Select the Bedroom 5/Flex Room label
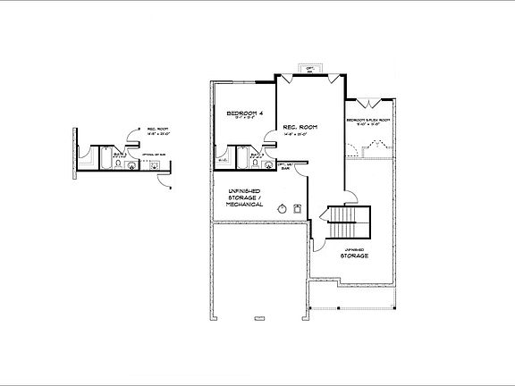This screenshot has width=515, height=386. (x=368, y=120)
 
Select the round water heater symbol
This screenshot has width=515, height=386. (x=283, y=209)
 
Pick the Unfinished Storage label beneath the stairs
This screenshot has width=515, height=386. (x=354, y=253)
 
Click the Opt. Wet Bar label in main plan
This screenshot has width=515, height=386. (x=286, y=166)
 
